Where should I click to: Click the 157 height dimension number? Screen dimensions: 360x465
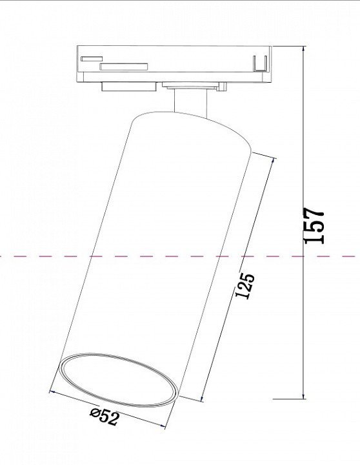(x=314, y=225)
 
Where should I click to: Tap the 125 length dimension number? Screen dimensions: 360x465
(x=245, y=285)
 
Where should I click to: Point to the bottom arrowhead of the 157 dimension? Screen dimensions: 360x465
(x=303, y=396)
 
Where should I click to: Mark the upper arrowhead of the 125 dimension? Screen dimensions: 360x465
(x=274, y=161)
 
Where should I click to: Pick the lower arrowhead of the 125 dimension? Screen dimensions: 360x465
(x=203, y=398)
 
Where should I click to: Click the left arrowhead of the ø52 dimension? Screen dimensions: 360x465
(x=53, y=392)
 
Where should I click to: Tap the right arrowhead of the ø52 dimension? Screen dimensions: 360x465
(x=162, y=426)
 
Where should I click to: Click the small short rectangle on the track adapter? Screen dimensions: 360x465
(x=92, y=59)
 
